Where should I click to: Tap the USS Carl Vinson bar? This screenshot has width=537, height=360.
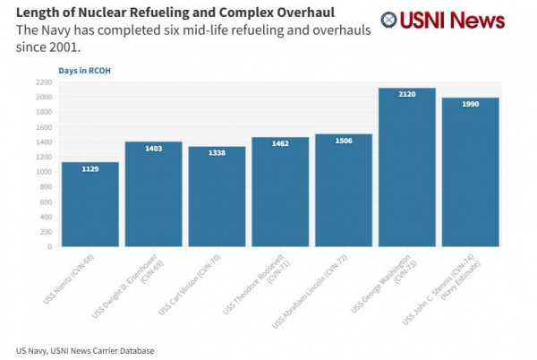pyautogui.click(x=217, y=196)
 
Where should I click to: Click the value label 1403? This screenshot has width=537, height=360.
pyautogui.click(x=153, y=149)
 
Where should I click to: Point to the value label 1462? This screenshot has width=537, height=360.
pyautogui.click(x=280, y=143)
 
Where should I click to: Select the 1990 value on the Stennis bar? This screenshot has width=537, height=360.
pyautogui.click(x=471, y=104)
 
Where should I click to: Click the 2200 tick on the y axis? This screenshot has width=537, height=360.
pyautogui.click(x=43, y=81)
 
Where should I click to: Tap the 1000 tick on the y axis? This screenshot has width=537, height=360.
pyautogui.click(x=43, y=172)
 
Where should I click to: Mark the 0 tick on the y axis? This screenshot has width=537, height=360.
pyautogui.click(x=48, y=246)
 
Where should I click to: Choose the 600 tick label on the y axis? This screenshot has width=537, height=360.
pyautogui.click(x=45, y=201)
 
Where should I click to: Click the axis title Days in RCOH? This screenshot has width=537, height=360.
pyautogui.click(x=85, y=69)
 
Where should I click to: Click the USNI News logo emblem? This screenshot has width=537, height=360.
pyautogui.click(x=390, y=21)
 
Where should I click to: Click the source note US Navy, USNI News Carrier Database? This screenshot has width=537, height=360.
pyautogui.click(x=85, y=349)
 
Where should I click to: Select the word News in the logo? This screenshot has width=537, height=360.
pyautogui.click(x=477, y=20)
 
